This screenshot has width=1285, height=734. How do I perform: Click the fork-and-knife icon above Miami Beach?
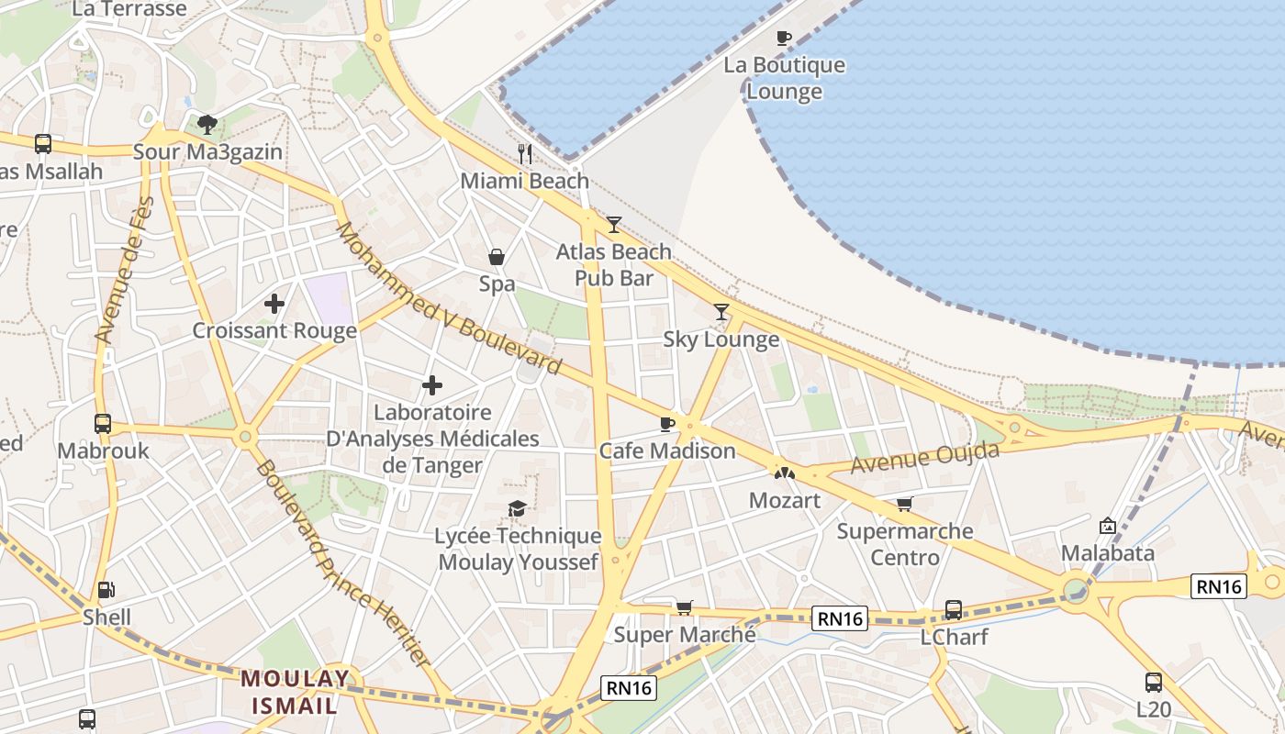[x=525, y=153]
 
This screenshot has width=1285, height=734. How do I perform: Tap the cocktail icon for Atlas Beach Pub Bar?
[x=613, y=224]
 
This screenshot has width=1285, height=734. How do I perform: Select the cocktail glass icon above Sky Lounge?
[x=721, y=312]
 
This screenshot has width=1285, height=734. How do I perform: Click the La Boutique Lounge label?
[x=784, y=79]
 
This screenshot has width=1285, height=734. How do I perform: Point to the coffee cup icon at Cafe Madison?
[x=667, y=423]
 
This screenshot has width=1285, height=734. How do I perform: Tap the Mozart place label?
[x=785, y=500]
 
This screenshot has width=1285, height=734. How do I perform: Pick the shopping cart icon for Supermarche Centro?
[x=905, y=504]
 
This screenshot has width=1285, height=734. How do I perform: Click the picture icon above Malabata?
[x=1108, y=526]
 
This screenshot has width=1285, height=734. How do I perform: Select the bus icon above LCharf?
[x=954, y=609]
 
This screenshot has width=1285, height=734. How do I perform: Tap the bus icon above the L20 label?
[x=1154, y=682]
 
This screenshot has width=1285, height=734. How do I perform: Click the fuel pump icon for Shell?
[x=106, y=590]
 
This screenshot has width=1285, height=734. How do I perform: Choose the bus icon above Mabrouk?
[x=103, y=423]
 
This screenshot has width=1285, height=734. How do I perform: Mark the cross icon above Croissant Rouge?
[x=274, y=303]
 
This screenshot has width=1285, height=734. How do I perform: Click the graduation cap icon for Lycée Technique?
[x=518, y=508]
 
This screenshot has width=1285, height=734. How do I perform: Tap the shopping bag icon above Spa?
[x=497, y=257]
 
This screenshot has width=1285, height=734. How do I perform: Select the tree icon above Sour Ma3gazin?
[x=207, y=124]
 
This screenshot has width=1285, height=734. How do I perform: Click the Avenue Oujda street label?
[x=924, y=457]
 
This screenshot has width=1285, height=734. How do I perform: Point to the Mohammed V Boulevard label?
[x=448, y=298]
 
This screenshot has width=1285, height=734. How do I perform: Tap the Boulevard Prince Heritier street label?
[x=342, y=562]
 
